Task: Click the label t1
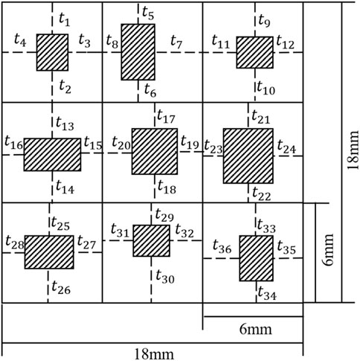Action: coord(65,19)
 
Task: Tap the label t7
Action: coord(176,42)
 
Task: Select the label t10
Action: coord(266,88)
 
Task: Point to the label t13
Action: coord(65,124)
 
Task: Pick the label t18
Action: coord(167,187)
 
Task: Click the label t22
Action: coord(262,194)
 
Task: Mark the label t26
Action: coord(61,287)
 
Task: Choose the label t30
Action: coord(165,276)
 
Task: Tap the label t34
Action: coord(267,293)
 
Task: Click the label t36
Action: coord(222,246)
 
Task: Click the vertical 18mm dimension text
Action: coord(352,150)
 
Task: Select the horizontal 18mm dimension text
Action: coord(154,354)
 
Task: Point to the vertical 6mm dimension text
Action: coord(328,249)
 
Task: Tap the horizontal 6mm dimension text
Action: coord(256,330)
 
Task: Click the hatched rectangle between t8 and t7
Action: coord(138,52)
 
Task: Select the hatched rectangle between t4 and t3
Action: coord(52,53)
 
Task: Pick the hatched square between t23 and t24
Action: coord(248,156)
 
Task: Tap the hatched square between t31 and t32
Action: coord(152,240)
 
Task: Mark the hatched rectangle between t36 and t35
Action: coord(257,258)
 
